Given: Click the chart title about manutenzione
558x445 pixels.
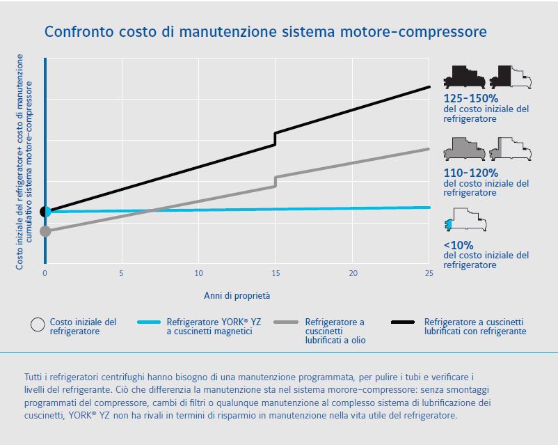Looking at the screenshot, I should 265,32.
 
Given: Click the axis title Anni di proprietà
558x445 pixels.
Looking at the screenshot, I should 237,295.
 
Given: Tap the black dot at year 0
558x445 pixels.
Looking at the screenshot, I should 45,211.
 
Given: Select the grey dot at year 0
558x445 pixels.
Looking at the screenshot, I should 45,231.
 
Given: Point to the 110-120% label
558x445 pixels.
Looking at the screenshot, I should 471,172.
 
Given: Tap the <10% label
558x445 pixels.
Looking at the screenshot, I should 459,244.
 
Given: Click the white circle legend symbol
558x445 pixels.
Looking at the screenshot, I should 38,324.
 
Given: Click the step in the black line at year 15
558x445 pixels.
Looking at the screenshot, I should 276,139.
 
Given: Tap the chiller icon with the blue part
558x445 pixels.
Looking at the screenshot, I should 465,221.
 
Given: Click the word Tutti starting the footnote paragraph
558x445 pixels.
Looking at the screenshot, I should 35,376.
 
